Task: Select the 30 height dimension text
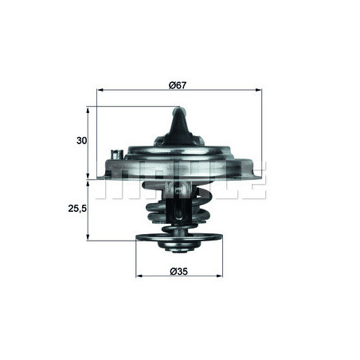tap(80, 140)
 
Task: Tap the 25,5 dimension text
tap(76, 209)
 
